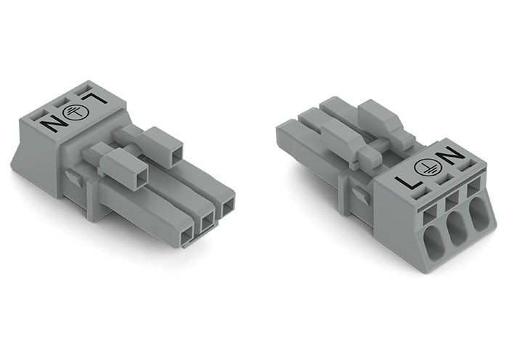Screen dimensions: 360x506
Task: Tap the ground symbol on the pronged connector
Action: (x=78, y=111)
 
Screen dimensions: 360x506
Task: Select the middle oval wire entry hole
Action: (x=456, y=233)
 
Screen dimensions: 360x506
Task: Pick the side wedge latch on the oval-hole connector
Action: (x=357, y=192)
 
